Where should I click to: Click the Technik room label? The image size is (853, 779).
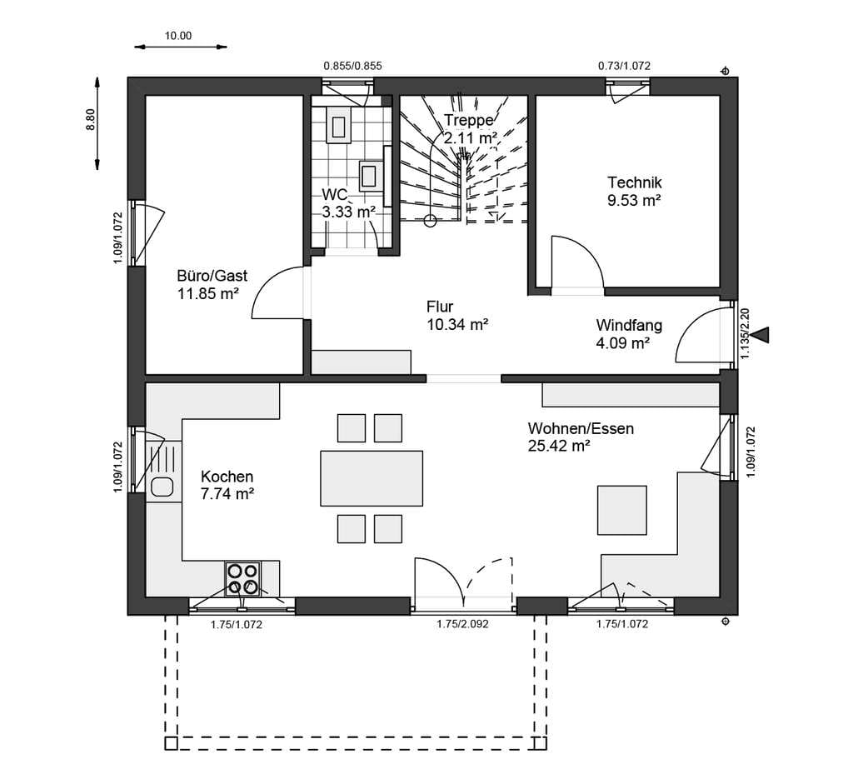(x=634, y=182)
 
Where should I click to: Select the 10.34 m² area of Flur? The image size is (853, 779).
(x=457, y=325)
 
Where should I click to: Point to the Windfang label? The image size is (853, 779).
(x=629, y=325)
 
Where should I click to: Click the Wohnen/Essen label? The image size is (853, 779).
(x=581, y=429)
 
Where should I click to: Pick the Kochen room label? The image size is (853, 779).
(x=227, y=477)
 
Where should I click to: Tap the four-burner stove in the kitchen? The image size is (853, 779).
(x=242, y=579)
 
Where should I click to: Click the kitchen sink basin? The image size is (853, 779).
(x=162, y=487)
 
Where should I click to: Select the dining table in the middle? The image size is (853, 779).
(x=372, y=478)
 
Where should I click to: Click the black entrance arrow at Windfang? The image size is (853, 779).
(x=764, y=335)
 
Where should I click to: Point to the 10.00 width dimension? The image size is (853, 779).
(x=178, y=37)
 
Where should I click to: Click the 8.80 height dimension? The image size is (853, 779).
(x=90, y=120)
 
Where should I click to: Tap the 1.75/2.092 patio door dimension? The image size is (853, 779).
(x=462, y=625)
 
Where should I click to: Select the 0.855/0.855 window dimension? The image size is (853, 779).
(x=352, y=67)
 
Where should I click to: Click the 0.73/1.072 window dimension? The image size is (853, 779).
(x=624, y=67)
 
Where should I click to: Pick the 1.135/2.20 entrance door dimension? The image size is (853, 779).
(x=745, y=333)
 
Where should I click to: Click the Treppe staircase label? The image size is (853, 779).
(x=468, y=120)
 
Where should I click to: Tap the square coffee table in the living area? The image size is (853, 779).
(x=622, y=510)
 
